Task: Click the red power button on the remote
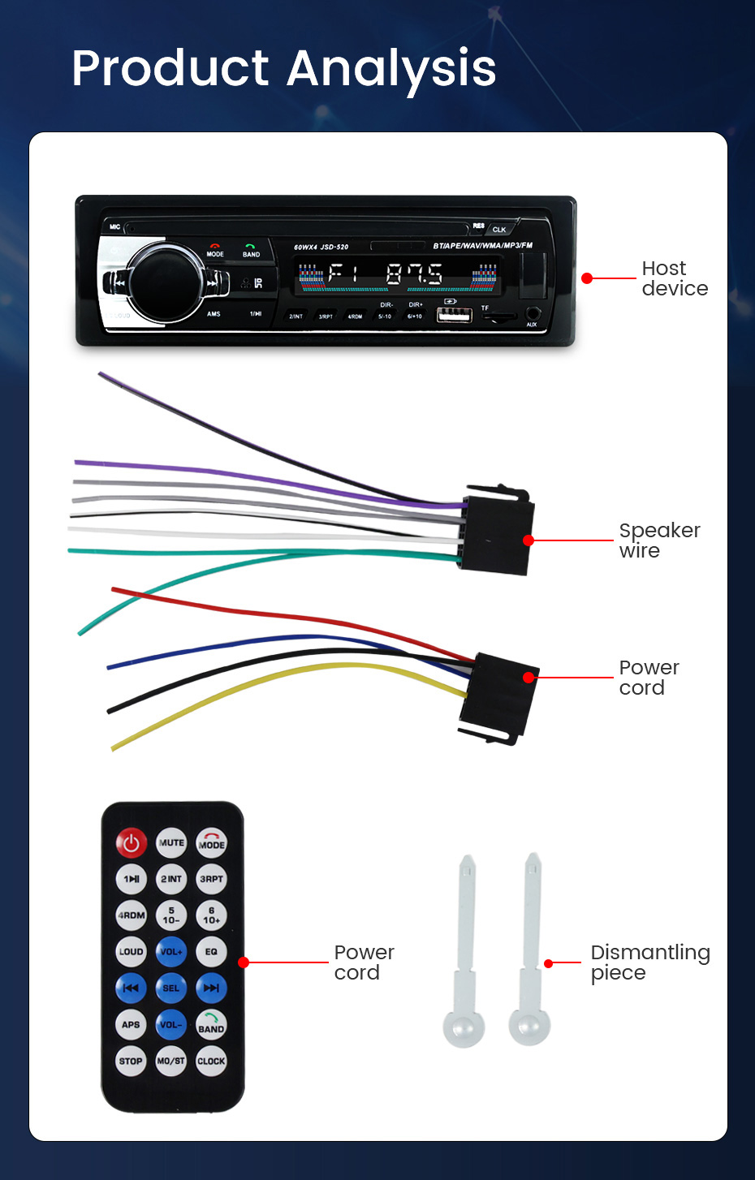click(131, 843)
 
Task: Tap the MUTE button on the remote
click(171, 843)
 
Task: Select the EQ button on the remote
click(211, 952)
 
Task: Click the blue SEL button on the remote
click(171, 988)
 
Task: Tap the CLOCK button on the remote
click(211, 1061)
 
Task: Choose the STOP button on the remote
click(131, 1061)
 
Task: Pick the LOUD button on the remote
click(131, 952)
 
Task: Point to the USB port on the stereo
click(454, 314)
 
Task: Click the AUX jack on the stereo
click(533, 313)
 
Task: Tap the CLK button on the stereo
click(499, 230)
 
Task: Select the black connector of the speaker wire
click(497, 532)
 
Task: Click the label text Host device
click(674, 278)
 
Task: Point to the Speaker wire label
click(658, 540)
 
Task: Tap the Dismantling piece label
click(649, 963)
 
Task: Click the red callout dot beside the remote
click(244, 963)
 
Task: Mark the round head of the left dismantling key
click(464, 1028)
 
